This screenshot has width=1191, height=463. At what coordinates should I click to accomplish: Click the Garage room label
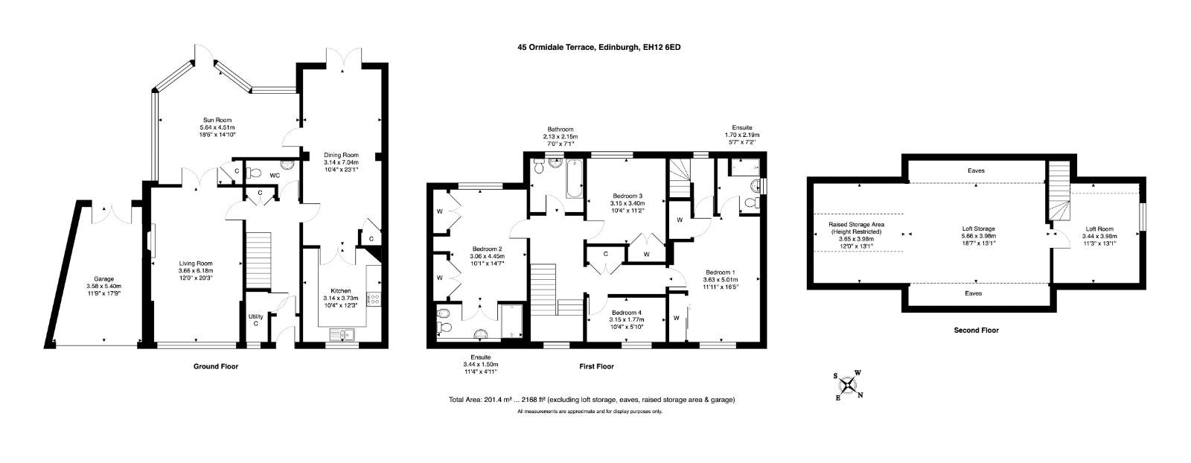(x=103, y=278)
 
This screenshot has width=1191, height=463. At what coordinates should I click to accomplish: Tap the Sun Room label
(x=217, y=120)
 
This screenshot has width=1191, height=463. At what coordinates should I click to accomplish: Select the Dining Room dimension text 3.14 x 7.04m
(x=342, y=162)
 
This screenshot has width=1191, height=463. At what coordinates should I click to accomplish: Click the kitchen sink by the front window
(x=342, y=335)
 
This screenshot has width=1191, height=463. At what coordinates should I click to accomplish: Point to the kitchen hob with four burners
(x=374, y=299)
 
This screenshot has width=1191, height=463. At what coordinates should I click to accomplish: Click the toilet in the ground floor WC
(x=254, y=173)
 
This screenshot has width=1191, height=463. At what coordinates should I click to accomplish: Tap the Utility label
(x=256, y=316)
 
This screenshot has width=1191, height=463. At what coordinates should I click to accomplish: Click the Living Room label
(x=196, y=263)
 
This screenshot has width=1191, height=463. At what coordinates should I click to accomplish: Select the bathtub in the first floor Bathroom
(x=574, y=179)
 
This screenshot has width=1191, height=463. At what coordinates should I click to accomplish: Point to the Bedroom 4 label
(x=626, y=312)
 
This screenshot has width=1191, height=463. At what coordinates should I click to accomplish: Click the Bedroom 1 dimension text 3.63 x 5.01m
(x=721, y=280)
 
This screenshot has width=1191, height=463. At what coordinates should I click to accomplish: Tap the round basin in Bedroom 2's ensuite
(x=482, y=333)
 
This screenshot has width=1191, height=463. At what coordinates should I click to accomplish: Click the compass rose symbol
(x=849, y=385)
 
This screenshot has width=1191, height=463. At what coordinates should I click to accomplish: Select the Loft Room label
(x=1099, y=229)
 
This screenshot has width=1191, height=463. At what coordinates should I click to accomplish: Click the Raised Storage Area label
(x=856, y=225)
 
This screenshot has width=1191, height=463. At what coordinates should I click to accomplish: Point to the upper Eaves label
(x=976, y=170)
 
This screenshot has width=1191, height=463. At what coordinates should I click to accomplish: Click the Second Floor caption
(x=976, y=330)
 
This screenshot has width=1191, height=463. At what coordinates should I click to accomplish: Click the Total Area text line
(x=592, y=399)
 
